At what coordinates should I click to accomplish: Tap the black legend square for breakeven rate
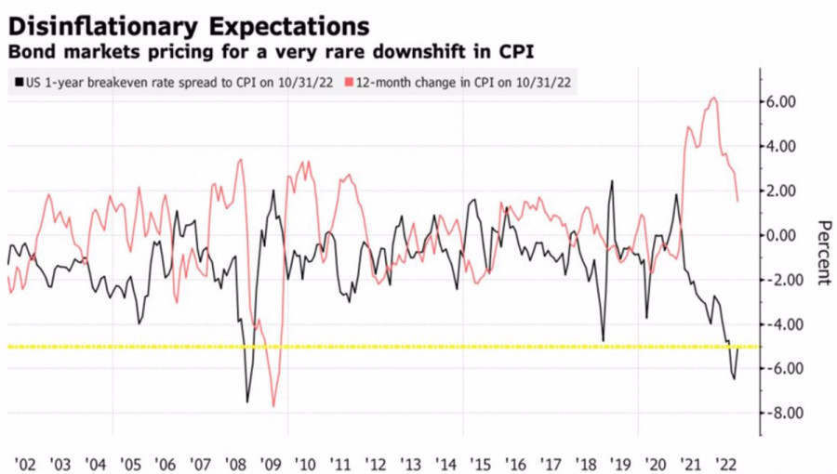tap(20, 82)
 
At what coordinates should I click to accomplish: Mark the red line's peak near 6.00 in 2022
tap(713, 98)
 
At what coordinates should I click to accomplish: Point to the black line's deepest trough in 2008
tap(247, 402)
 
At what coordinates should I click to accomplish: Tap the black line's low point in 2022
tap(734, 378)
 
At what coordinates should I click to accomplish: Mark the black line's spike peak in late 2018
tap(612, 180)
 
